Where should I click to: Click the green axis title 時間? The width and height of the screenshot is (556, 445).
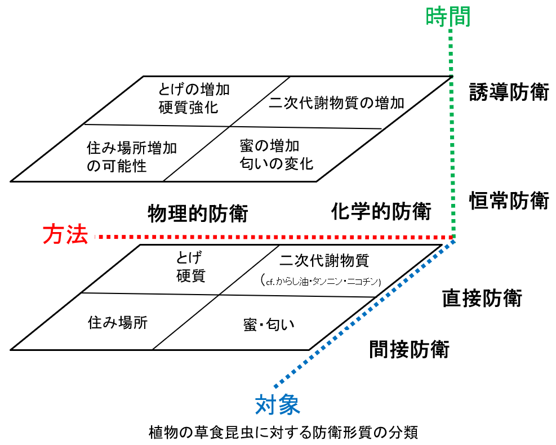pos(448,16)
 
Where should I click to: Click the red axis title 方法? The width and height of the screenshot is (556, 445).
pos(66,235)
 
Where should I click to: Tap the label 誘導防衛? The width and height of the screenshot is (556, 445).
pos(509,92)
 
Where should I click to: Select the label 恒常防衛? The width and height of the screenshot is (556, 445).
pos(509,200)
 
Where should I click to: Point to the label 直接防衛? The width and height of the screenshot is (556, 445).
pos(482,298)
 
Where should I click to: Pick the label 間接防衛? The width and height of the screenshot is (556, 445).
pos(409,349)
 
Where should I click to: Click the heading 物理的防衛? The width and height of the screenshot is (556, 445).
pos(197,213)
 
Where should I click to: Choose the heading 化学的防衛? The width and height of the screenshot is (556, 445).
pos(381,212)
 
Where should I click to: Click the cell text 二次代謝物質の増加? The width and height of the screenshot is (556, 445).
pos(336,103)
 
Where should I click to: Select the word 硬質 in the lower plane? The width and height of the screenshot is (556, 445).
pos(190,275)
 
